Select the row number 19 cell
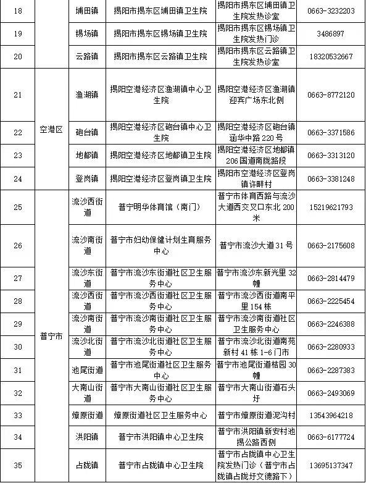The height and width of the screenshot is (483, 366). (x=17, y=33)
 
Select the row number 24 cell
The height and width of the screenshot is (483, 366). (x=17, y=178)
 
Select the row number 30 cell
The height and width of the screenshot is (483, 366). (x=17, y=347)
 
